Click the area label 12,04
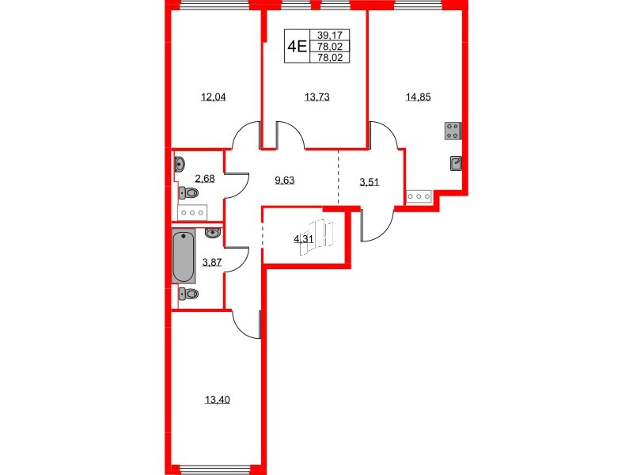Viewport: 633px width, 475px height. [x=214, y=98]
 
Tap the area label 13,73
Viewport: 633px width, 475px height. [x=316, y=98]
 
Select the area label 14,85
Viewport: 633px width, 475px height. [x=418, y=98]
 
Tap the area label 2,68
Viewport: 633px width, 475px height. [x=206, y=180]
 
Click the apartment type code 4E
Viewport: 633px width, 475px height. [x=297, y=46]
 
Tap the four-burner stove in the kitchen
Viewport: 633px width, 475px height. [x=453, y=131]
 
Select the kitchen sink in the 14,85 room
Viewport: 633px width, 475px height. [x=456, y=164]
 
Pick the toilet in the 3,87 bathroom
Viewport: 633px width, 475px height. [x=188, y=294]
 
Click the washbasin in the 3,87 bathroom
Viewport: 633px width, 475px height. [x=212, y=234]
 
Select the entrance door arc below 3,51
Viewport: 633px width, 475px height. [x=377, y=226]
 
